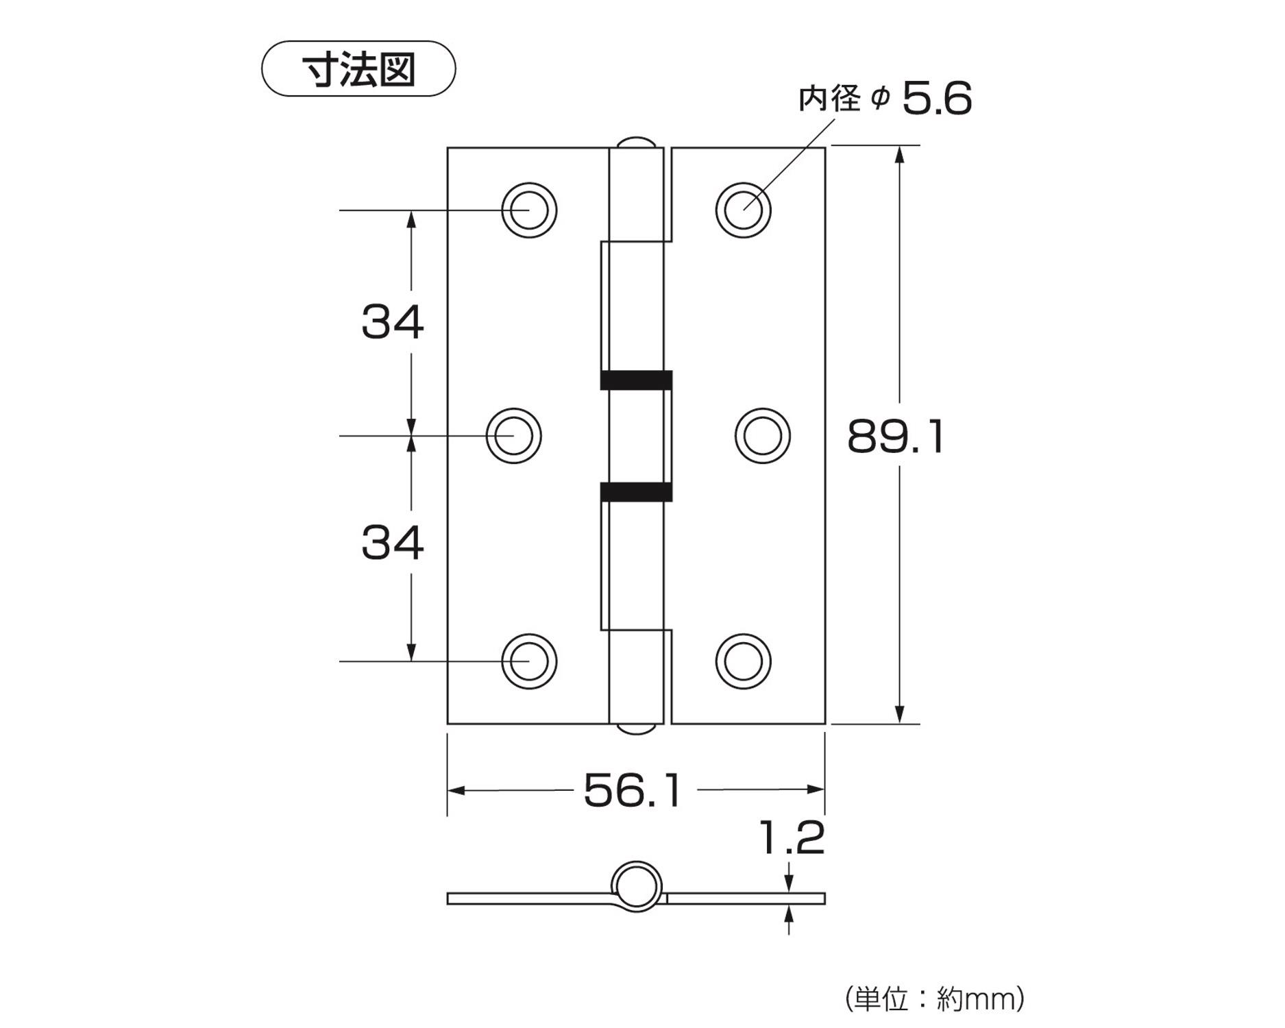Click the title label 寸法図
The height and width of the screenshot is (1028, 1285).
click(358, 69)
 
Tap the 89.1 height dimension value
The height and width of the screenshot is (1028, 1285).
click(896, 437)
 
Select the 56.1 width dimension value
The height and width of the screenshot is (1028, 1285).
click(633, 790)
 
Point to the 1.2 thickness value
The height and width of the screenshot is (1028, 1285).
click(792, 837)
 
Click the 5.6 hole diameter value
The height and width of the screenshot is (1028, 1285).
click(936, 99)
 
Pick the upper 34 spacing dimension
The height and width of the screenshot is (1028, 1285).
click(393, 321)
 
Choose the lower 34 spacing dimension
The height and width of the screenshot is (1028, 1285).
click(393, 542)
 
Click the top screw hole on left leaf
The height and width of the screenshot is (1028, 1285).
click(529, 210)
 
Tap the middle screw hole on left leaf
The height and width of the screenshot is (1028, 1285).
click(514, 436)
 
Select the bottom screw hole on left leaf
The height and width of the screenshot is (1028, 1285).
click(529, 661)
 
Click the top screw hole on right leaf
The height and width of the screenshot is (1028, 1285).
click(743, 210)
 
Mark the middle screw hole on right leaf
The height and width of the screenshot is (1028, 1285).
click(762, 436)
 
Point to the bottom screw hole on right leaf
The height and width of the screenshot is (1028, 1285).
click(743, 661)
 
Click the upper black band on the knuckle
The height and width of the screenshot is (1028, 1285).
click(636, 380)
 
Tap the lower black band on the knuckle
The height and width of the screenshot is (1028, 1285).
click(636, 491)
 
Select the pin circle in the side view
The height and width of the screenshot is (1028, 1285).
click(637, 886)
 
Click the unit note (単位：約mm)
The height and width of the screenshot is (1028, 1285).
click(935, 999)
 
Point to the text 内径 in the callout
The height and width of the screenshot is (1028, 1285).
click(829, 99)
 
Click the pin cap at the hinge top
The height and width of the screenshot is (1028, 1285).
click(635, 142)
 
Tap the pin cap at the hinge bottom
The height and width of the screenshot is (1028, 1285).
click(635, 729)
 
